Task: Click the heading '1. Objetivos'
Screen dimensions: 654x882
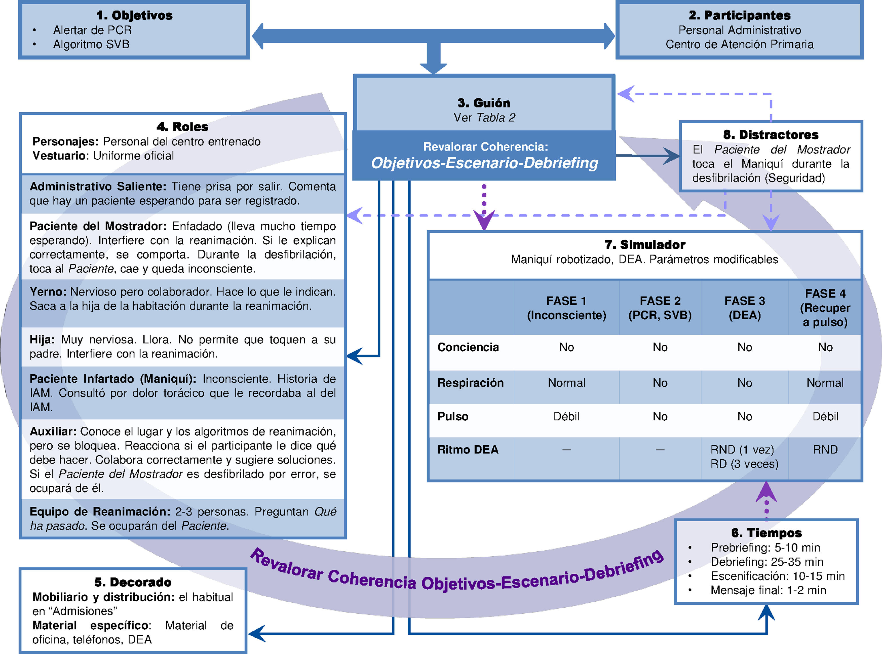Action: click(x=134, y=15)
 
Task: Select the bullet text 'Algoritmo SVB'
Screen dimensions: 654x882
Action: click(x=91, y=44)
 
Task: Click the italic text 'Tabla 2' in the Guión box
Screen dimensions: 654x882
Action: click(x=495, y=118)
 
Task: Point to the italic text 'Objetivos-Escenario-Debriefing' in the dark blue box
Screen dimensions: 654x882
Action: click(x=484, y=163)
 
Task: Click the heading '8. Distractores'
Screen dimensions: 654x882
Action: click(x=770, y=135)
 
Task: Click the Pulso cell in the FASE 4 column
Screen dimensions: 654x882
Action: click(x=825, y=416)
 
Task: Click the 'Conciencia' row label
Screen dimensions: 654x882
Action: click(x=468, y=347)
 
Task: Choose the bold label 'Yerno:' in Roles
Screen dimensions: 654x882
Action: click(x=48, y=292)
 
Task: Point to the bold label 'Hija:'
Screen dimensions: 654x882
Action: click(x=42, y=340)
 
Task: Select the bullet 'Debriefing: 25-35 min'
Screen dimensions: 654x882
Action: click(x=766, y=562)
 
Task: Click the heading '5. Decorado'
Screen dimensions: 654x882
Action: click(x=133, y=582)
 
